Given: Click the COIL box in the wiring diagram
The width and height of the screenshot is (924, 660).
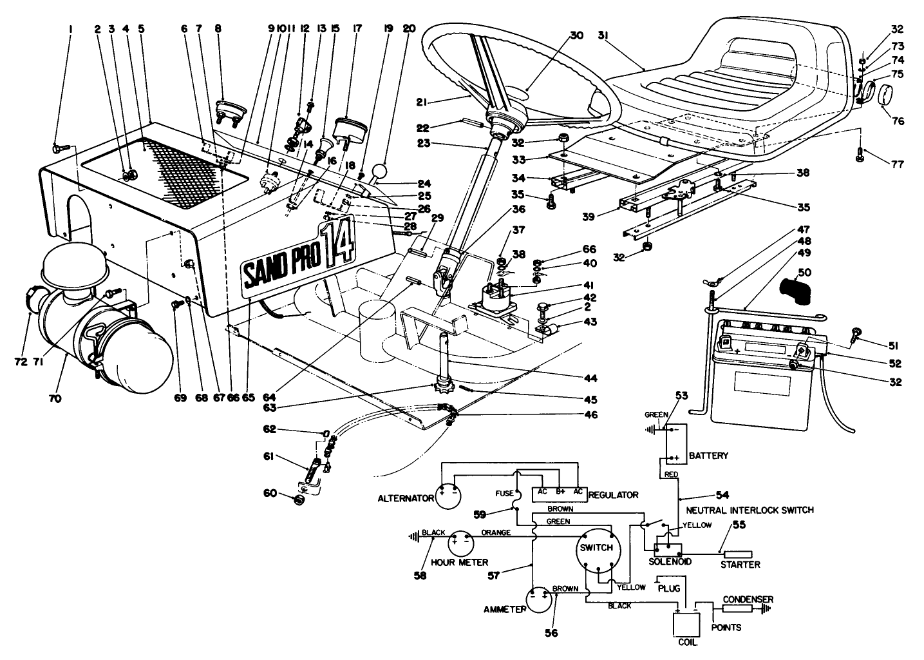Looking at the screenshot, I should [686, 624].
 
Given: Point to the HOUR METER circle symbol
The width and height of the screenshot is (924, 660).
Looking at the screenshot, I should [462, 543].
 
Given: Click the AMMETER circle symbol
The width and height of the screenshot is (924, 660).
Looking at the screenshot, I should [540, 600].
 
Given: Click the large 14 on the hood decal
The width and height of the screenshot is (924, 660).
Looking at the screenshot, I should [338, 246].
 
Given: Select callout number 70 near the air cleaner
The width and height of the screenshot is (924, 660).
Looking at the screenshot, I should [54, 399].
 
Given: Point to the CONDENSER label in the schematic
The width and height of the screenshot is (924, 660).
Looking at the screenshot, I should [747, 599].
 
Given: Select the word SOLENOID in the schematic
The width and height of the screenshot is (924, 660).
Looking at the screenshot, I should [670, 561].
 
